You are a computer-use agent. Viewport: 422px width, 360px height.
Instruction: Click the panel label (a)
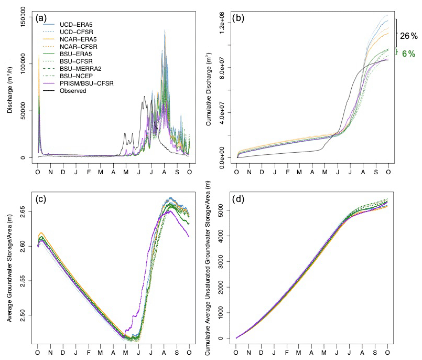[42, 19]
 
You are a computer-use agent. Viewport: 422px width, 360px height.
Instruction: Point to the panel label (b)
[243, 19]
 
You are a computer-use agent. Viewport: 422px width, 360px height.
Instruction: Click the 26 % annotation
[409, 36]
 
